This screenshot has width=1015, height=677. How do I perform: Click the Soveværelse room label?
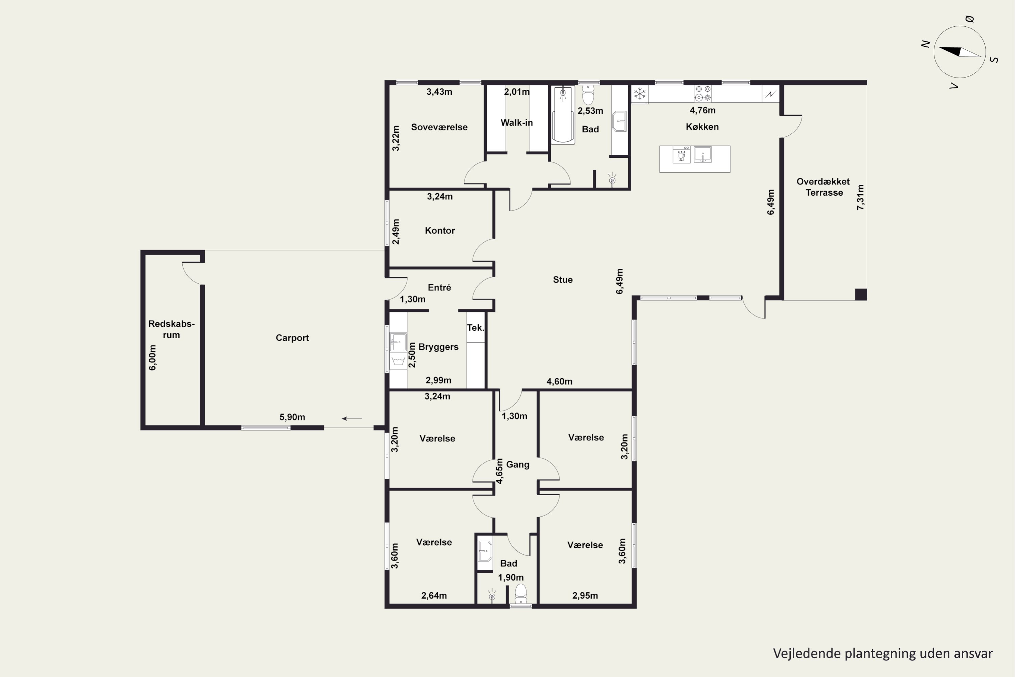[x=439, y=127]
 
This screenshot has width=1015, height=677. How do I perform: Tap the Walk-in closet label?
[x=517, y=123]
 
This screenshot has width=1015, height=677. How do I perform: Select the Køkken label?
[x=702, y=127]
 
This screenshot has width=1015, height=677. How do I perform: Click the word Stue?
[x=563, y=279]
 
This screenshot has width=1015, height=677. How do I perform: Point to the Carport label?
[x=292, y=337]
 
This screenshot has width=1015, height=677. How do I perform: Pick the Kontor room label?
[x=440, y=231]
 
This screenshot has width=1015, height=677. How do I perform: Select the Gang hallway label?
[x=517, y=464]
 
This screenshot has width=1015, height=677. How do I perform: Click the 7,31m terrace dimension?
[x=860, y=197]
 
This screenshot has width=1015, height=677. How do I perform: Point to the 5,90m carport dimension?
[x=292, y=417]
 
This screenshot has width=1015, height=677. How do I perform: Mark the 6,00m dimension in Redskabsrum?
[x=152, y=357]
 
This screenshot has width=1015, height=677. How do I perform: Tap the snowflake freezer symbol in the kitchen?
[x=639, y=94]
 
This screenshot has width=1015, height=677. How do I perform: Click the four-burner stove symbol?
[x=703, y=94]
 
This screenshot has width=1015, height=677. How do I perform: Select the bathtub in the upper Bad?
[x=563, y=115]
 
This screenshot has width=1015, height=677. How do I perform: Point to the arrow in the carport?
[x=352, y=418]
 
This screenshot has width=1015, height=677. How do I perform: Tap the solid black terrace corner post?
[x=861, y=294]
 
